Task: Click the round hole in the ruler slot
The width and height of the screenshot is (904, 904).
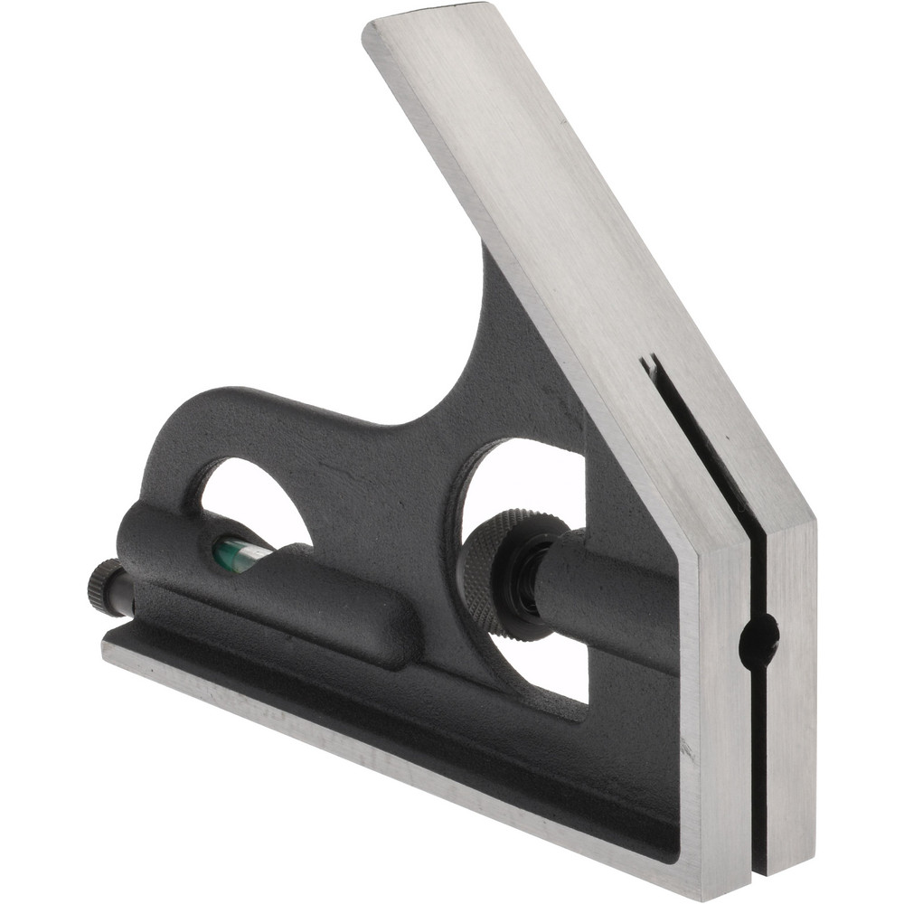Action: pos(758,640)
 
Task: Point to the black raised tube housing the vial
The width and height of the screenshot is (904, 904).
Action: pos(271,579)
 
